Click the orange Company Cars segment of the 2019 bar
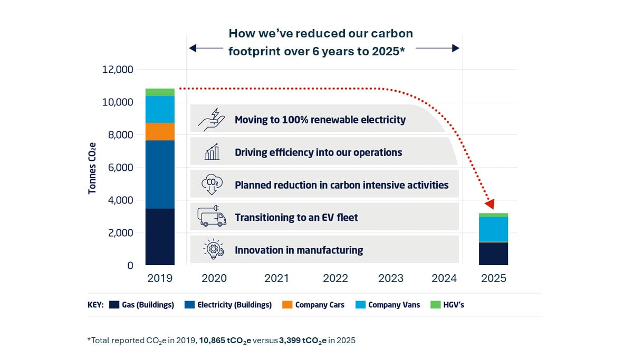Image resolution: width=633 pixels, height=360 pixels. [160, 132]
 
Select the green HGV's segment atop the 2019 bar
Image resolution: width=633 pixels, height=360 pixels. [160, 92]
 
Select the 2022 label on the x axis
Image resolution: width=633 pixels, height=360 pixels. [335, 278]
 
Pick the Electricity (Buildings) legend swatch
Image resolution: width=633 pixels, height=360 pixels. [189, 305]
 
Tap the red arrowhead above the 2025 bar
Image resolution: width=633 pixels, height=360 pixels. [490, 204]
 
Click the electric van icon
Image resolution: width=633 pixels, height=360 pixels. [212, 217]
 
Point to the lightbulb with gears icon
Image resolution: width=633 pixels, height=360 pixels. [213, 250]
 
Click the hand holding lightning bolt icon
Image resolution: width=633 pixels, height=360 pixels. [212, 120]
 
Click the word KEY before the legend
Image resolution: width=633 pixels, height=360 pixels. [95, 305]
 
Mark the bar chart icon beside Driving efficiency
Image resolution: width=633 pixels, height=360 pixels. [212, 152]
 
